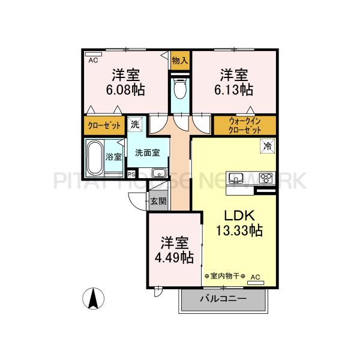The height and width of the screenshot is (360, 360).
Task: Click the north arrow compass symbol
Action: coord(93,298)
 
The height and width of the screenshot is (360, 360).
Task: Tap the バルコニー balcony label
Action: coord(223,299)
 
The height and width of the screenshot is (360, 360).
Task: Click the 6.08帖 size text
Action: coord(125,91)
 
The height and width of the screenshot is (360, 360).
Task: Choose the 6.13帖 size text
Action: coord(233,91)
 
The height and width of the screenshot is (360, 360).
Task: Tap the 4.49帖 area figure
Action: coord(174,257)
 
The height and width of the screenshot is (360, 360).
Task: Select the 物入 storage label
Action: coord(179,60)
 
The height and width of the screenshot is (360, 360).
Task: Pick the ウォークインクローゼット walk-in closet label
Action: coord(245,125)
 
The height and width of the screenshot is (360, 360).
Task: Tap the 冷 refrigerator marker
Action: coord(266,145)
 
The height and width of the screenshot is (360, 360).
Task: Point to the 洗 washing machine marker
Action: coord(136,125)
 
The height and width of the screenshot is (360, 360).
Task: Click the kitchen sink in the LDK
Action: coord(235,177)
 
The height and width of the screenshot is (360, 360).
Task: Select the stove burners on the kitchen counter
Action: coord(265,177)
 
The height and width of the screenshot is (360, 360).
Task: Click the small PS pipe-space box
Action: coord(131,174)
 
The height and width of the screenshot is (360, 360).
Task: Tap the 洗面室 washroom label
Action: coord(147,153)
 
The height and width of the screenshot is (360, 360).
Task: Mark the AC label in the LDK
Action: coord(254,277)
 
